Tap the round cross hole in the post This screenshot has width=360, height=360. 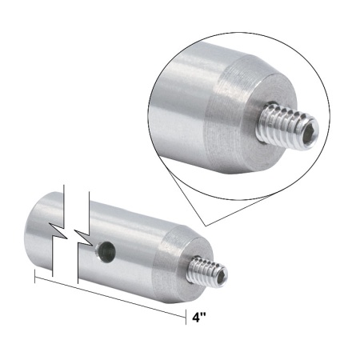pyautogui.click(x=103, y=254)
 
